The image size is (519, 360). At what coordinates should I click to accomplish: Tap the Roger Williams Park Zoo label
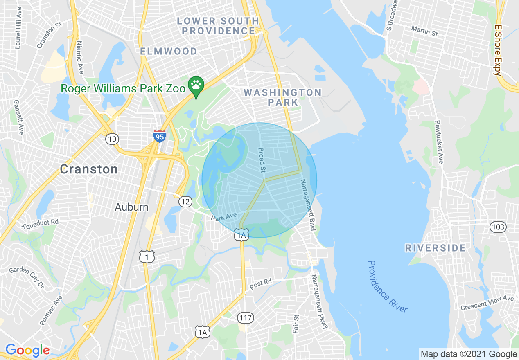pos(123,88)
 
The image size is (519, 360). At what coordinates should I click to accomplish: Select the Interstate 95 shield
pos(160,136)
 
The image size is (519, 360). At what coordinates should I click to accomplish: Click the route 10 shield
pos(112,139)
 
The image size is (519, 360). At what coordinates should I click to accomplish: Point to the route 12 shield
pos(185,201)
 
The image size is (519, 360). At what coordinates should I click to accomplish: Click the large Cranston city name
pos(89,169)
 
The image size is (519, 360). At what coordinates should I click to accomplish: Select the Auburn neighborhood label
pos(131,207)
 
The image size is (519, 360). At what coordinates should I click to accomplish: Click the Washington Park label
pos(283,97)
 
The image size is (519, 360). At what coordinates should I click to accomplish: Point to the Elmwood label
pos(169,51)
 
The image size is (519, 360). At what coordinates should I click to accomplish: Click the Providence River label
pos(387,286)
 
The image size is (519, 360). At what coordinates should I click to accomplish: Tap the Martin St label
pos(424,31)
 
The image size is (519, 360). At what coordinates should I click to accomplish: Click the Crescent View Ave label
pos(487,303)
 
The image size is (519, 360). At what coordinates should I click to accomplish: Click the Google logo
pos(27,350)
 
